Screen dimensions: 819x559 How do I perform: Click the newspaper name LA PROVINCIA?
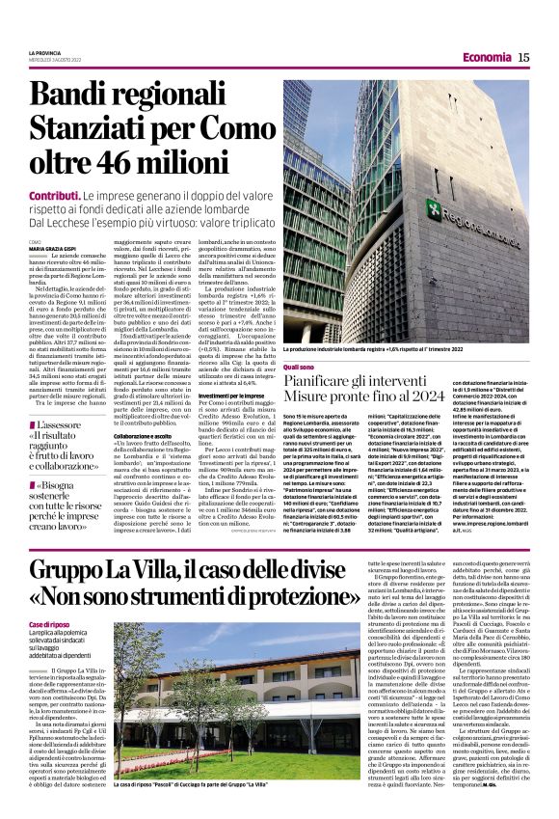[45, 52]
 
